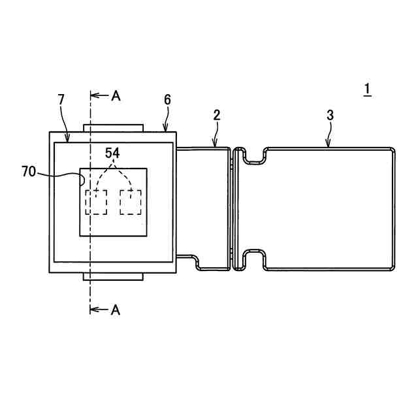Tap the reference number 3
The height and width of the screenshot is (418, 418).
(x=330, y=115)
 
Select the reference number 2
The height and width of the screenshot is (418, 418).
(x=216, y=115)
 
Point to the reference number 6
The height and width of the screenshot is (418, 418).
(x=167, y=99)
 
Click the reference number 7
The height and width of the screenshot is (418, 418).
(x=61, y=99)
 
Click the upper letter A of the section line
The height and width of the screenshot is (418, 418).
(x=116, y=96)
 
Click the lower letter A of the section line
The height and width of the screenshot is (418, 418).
(x=116, y=310)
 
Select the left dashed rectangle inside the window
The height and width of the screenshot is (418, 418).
(x=97, y=202)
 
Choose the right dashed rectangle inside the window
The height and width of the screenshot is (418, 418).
(x=131, y=202)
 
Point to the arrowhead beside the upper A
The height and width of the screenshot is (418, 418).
(x=93, y=96)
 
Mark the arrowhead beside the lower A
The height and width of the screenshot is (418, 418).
(x=93, y=310)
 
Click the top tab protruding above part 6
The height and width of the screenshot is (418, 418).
(x=112, y=127)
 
